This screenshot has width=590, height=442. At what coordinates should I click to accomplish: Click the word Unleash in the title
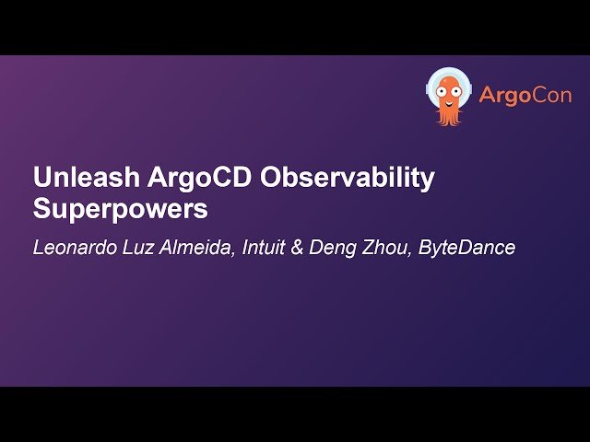[74, 178]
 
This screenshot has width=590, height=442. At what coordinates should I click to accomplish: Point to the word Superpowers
[121, 209]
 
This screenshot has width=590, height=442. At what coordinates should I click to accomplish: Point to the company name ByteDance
[468, 249]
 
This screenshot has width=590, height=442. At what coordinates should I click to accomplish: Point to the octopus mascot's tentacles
[449, 115]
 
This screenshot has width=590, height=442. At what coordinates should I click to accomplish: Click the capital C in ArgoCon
[532, 96]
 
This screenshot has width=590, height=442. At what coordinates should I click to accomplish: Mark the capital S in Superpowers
[41, 209]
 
